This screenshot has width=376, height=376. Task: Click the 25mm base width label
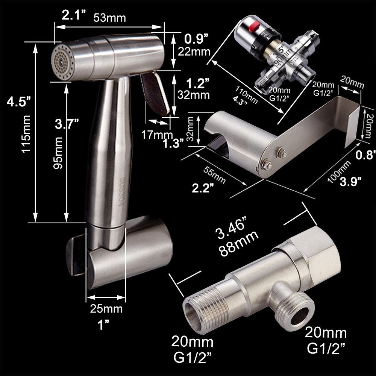click(x=106, y=309)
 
